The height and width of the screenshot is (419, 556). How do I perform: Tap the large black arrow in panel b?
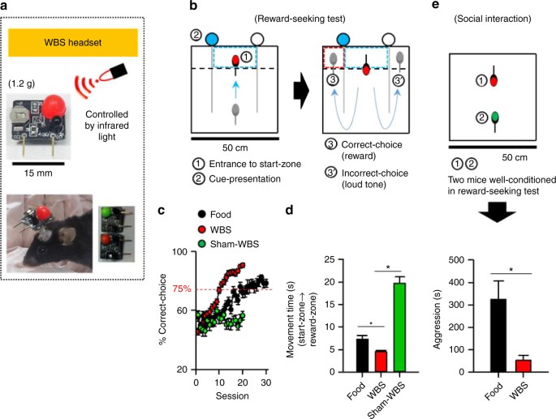pyautogui.click(x=303, y=83)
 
